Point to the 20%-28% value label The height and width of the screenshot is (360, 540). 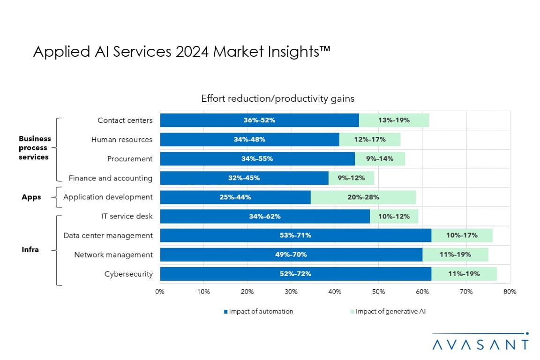point(363,197)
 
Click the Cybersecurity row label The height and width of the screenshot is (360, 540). point(128,274)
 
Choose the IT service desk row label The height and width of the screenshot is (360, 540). point(127,216)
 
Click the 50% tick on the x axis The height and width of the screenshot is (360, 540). point(379,292)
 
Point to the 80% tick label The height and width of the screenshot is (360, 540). point(510,292)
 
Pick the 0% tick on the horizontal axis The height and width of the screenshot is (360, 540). point(160,292)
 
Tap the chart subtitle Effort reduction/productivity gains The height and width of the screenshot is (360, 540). point(277,98)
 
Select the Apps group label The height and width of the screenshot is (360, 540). point(31,197)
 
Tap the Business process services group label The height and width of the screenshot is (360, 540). point(34,148)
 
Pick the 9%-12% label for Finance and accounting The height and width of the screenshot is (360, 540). point(351,178)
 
